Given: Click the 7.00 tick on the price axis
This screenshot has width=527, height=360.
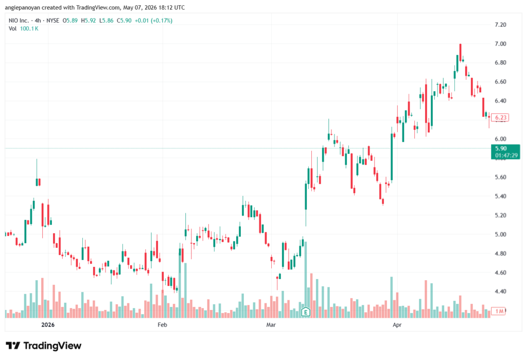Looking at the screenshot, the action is (500, 44).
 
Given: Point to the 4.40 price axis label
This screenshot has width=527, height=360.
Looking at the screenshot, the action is (500, 292).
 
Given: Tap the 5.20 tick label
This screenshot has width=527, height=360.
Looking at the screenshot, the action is (500, 215).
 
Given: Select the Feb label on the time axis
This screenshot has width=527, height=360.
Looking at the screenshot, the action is (162, 324).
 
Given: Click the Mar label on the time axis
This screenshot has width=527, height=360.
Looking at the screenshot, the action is (271, 324).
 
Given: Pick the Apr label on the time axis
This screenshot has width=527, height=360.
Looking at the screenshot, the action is (397, 324).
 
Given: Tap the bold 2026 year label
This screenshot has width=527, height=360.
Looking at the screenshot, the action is (48, 324).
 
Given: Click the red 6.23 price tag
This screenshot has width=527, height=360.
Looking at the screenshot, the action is (500, 117).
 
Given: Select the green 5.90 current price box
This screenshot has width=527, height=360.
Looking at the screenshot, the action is (505, 152).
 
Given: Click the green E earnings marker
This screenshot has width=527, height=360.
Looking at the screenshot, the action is (306, 312).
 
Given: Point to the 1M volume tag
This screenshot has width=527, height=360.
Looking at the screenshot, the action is (498, 311).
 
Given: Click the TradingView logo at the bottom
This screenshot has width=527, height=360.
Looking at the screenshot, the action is (44, 346).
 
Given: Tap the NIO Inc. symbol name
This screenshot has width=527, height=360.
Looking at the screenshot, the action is (19, 21).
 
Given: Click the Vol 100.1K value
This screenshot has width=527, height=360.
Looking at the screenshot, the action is (29, 29).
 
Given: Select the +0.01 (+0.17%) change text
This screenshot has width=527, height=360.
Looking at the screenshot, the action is (153, 21).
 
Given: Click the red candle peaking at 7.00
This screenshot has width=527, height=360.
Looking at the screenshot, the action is (461, 52).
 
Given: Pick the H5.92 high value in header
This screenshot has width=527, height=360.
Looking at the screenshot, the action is (89, 21).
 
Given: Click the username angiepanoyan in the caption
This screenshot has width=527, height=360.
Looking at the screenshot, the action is (23, 7).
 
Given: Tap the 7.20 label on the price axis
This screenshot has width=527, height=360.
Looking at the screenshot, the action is (500, 25).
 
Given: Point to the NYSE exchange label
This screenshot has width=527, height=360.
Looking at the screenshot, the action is (53, 21).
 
